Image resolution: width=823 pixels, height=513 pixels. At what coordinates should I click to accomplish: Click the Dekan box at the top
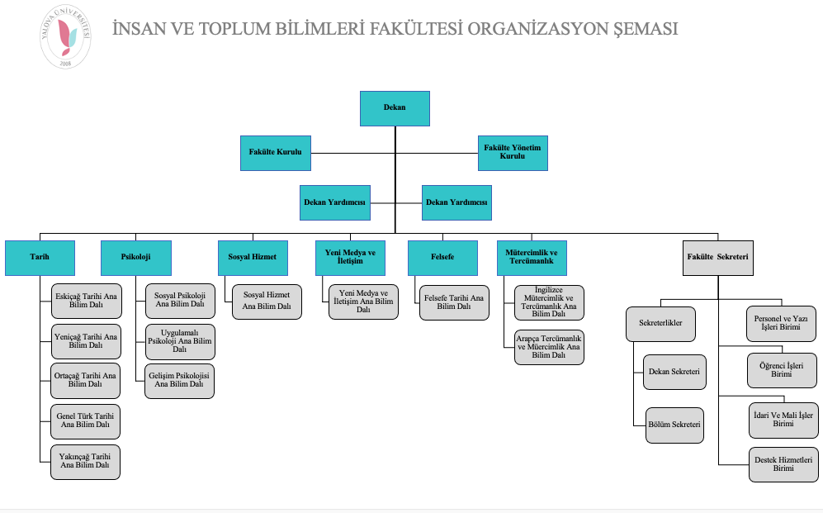(x=395, y=107)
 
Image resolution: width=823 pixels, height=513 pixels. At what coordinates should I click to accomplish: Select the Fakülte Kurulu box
(x=275, y=153)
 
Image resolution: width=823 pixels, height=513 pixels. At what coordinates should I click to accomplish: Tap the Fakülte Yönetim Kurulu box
(x=513, y=153)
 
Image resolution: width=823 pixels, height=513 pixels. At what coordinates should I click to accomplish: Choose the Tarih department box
(x=40, y=257)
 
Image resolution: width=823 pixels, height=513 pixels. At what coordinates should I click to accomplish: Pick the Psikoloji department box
(x=136, y=257)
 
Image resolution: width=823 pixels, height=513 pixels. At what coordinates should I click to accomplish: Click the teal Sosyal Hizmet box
(x=253, y=257)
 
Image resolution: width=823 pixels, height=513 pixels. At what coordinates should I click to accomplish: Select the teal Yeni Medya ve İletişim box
(x=350, y=257)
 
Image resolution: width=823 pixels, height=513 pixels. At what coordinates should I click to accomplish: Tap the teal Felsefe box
(x=442, y=257)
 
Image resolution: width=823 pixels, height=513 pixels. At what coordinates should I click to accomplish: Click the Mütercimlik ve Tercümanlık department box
(x=531, y=257)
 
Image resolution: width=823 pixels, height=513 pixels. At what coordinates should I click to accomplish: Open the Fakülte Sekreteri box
(x=717, y=257)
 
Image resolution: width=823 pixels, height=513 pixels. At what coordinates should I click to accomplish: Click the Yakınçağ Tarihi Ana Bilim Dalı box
(x=85, y=461)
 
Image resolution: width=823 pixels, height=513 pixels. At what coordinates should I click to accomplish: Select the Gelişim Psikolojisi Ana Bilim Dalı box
(x=179, y=381)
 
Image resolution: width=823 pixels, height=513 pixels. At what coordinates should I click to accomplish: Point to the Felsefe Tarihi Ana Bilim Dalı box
(x=453, y=302)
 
